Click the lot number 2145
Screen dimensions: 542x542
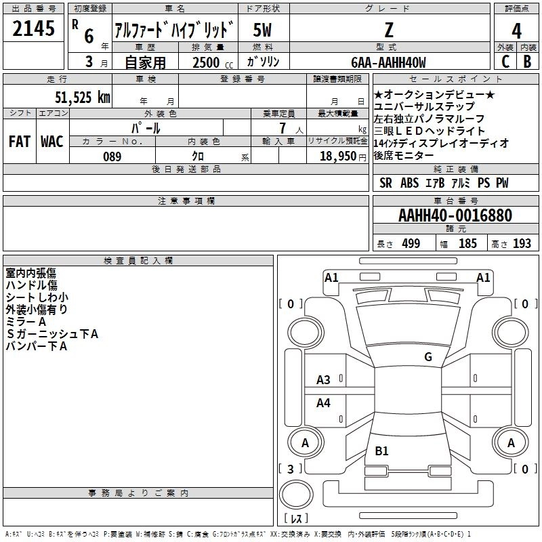pos(33,28)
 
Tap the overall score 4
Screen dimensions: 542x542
pos(516,31)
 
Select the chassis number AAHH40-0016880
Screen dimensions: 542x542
pos(455,215)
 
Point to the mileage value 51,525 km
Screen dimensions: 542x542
pos(83,98)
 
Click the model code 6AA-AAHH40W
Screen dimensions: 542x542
pos(388,62)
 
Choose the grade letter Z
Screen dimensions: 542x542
pos(389,30)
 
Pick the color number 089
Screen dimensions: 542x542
pos(112,157)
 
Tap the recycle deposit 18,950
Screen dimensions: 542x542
pos(338,157)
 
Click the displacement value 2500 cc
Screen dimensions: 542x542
pos(213,62)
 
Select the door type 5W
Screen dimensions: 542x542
pos(262,30)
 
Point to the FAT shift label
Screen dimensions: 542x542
pos(20,142)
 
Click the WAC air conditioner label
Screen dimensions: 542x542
pos(52,142)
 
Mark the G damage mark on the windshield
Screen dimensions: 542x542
pos(428,357)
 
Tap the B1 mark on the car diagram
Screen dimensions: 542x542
pos(381,451)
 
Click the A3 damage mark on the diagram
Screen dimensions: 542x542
pos(323,380)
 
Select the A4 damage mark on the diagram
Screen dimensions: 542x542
pos(323,402)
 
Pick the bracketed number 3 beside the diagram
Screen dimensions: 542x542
pos(291,469)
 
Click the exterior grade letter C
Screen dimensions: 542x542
pos(505,62)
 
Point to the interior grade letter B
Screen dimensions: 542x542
pos(527,62)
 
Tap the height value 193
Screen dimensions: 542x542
pos(522,244)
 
